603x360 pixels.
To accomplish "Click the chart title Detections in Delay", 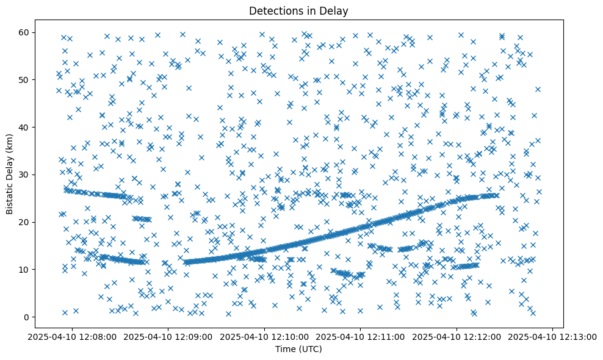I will click(298, 10).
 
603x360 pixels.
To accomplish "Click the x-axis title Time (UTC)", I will click(298, 350).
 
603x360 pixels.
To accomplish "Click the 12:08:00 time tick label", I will click(73, 336).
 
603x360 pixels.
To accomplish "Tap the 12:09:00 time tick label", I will click(169, 336).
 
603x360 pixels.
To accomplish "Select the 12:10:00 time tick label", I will click(265, 336).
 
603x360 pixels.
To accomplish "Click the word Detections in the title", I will click(276, 10).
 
